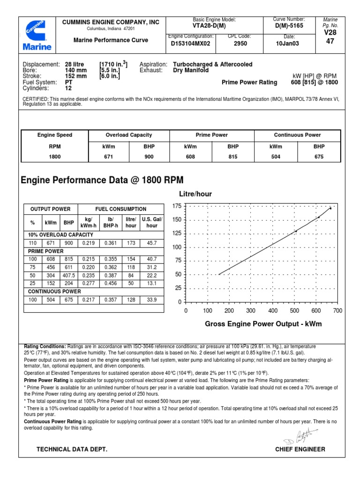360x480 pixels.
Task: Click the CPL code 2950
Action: pos(240,44)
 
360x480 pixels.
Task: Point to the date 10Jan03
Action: pos(288,44)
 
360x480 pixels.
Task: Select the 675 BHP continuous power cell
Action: pos(319,157)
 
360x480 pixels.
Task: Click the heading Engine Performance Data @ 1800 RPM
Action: pos(103,180)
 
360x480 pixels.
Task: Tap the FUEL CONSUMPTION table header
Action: pos(120,209)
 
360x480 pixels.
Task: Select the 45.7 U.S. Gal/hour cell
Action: pos(152,243)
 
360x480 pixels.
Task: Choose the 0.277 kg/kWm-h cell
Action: pos(88,283)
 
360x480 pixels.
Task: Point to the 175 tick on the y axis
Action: pos(176,206)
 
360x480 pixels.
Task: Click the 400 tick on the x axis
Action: pos(273,311)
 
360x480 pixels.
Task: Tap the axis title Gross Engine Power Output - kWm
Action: pos(263,324)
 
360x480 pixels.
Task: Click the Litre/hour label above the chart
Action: pos(195,194)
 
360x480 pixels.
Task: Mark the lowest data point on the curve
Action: pos(219,274)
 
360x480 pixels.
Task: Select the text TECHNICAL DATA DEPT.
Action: pos(72,450)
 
